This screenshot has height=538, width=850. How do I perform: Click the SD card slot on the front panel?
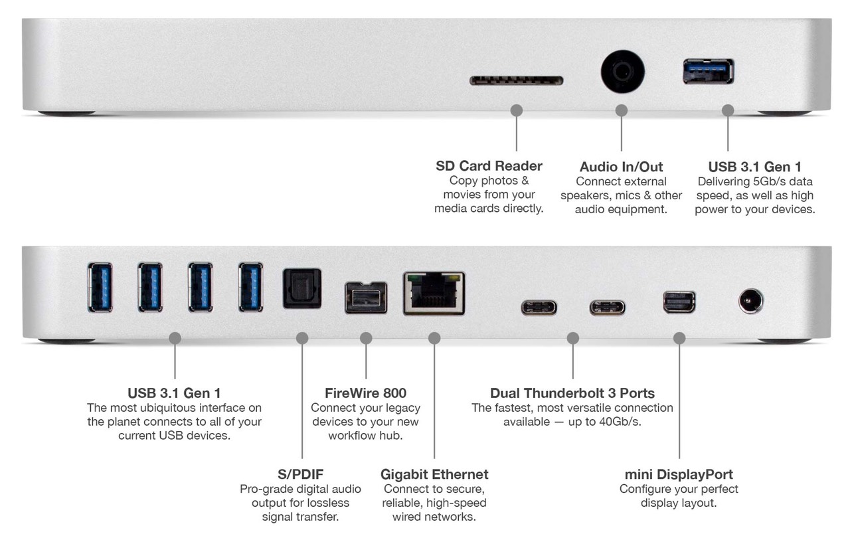[516, 80]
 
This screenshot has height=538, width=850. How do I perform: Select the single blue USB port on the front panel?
[708, 72]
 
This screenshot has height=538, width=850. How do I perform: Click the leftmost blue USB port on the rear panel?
[100, 287]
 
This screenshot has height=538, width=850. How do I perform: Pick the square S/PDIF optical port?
[302, 288]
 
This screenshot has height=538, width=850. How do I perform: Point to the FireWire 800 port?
[365, 298]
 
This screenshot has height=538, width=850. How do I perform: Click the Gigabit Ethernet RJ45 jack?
[434, 293]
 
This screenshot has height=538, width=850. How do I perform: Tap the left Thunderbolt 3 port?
[539, 308]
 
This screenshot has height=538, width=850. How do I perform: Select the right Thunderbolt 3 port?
[607, 308]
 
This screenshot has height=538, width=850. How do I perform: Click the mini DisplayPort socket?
[679, 302]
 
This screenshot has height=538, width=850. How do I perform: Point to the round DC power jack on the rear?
[750, 302]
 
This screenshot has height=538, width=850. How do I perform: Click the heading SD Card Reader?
[489, 165]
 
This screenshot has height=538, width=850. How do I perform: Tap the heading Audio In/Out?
[621, 167]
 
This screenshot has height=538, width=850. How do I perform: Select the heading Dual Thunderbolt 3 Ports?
[572, 393]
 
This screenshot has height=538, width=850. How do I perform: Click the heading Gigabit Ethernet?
[434, 474]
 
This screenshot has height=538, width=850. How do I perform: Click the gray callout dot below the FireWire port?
[366, 338]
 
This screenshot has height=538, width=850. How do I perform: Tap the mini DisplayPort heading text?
[679, 474]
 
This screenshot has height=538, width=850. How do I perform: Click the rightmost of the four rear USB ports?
[250, 287]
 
